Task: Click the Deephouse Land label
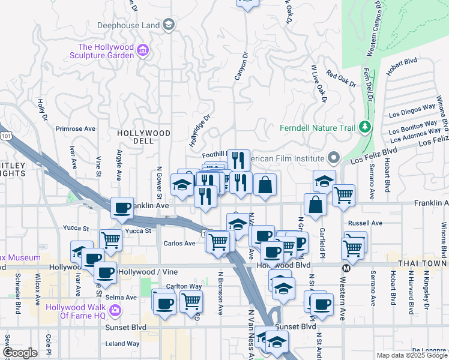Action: click(129, 25)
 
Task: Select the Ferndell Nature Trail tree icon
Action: click(364, 127)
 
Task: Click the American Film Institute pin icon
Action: click(334, 158)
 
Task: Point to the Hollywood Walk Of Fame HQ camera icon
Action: click(115, 311)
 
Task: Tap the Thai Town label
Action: click(422, 263)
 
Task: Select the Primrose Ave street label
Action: click(76, 128)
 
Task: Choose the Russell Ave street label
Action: click(369, 223)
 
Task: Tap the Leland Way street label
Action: click(122, 344)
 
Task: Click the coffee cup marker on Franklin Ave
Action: click(122, 208)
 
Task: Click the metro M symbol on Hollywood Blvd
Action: click(346, 268)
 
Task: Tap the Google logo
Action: click(20, 353)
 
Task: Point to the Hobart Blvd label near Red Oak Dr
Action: click(402, 61)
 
